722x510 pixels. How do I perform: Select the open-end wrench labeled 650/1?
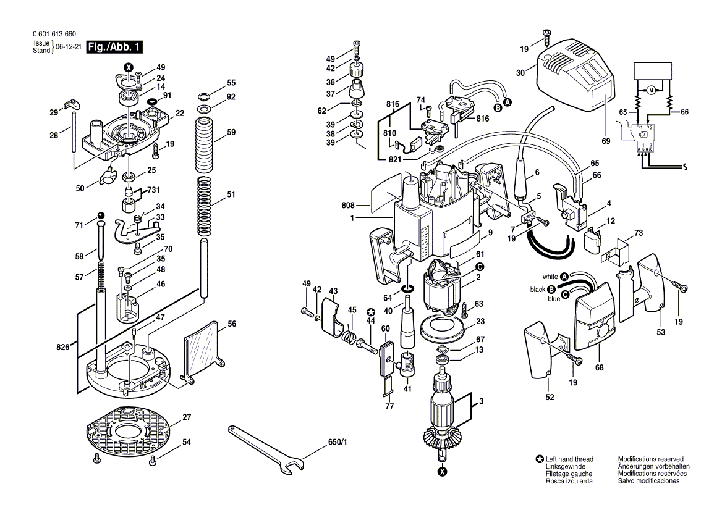[x=266, y=449]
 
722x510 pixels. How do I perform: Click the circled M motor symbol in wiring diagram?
[x=650, y=91]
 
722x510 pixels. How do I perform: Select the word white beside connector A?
[x=550, y=277]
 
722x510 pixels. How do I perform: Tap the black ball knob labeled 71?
[x=100, y=215]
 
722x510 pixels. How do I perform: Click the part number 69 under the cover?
[x=605, y=141]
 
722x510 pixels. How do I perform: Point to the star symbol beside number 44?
[x=371, y=312]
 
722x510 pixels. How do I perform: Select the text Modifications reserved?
[x=650, y=459]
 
